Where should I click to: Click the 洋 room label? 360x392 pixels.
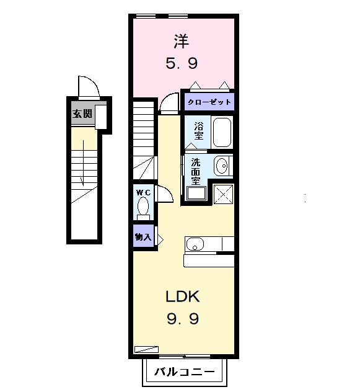coord(182,42)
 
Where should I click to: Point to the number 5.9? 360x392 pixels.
coord(182,63)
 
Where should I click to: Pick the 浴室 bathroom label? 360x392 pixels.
coord(199,130)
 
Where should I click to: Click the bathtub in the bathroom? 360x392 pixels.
coord(222,131)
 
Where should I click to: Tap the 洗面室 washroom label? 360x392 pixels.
coord(195,171)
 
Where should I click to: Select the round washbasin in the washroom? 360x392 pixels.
coord(221,166)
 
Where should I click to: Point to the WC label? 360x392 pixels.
coord(144,192)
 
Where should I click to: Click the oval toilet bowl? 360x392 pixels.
coord(144,205)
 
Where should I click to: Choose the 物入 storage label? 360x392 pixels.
coord(144,237)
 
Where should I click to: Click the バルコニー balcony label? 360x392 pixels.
coord(184,372)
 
